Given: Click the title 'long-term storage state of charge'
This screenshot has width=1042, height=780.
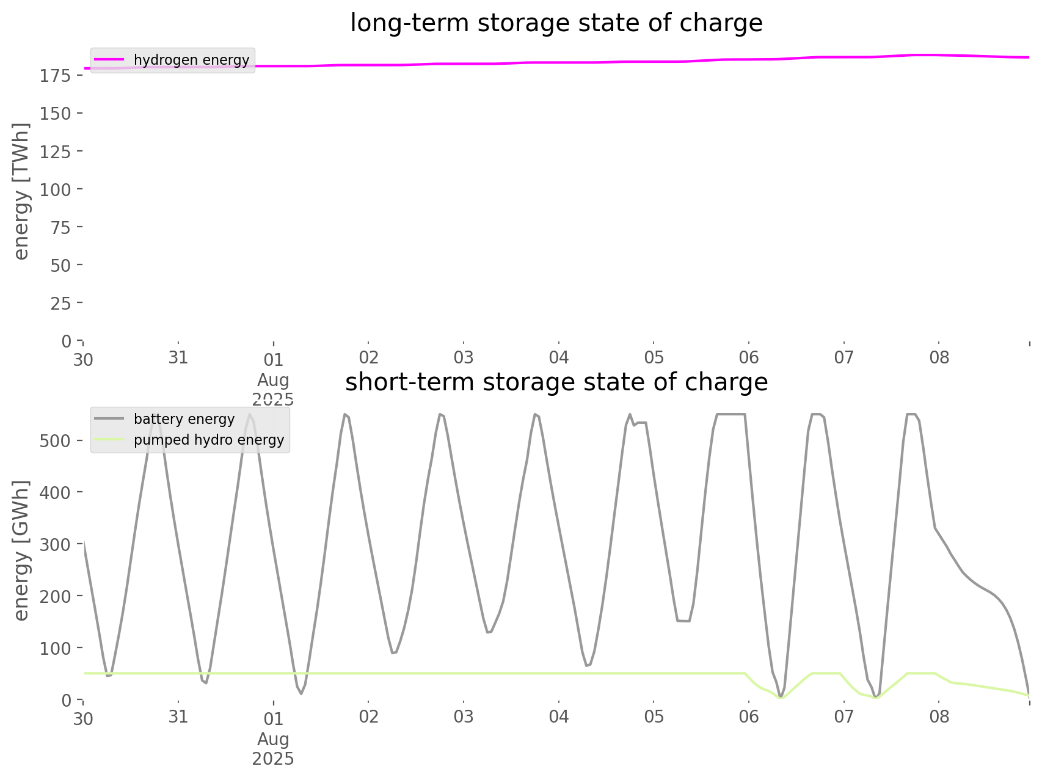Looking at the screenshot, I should [x=556, y=23].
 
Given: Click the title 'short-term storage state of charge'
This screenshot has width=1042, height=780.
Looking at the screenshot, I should [x=556, y=382].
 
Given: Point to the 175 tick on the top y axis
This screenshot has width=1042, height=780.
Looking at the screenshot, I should [x=59, y=76].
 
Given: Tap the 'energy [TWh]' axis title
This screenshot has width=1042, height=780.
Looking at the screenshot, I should [x=21, y=191].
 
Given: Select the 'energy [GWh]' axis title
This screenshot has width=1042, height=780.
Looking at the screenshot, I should [x=21, y=550].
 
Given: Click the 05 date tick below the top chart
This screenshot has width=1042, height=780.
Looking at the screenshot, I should [x=654, y=357].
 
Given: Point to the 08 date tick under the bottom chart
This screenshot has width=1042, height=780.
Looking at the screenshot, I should [x=939, y=716].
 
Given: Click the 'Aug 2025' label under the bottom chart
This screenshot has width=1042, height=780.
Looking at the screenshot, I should [x=273, y=749].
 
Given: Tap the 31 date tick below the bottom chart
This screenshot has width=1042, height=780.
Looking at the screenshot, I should [x=178, y=716].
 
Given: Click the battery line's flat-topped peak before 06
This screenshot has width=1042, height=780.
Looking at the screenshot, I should [x=730, y=415].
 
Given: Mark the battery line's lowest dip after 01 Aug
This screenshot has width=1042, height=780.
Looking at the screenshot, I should [x=301, y=693].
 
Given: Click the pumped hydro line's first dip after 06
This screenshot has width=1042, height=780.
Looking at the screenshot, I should [x=781, y=697].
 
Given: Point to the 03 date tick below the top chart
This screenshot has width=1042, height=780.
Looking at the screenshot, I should [x=464, y=357].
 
